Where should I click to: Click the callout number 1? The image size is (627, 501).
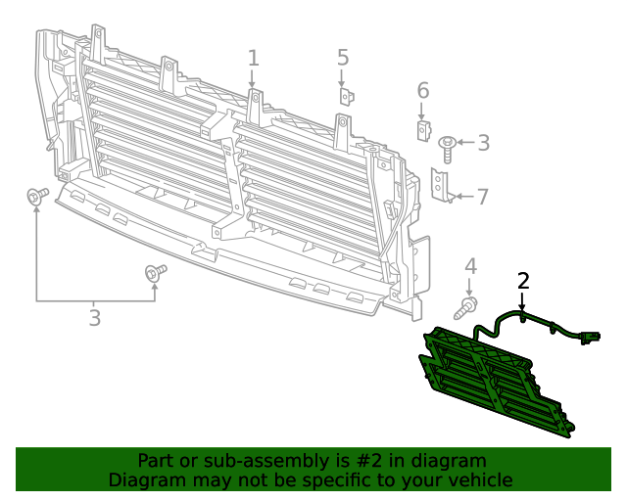[253, 58]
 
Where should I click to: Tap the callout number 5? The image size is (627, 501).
[343, 58]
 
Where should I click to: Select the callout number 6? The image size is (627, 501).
[423, 91]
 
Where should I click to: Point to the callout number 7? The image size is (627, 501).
[482, 196]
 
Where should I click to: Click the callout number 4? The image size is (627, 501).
[470, 265]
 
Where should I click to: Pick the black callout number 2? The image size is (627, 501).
[523, 281]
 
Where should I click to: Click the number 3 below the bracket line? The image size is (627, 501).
[94, 318]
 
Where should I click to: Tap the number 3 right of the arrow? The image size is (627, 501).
[483, 144]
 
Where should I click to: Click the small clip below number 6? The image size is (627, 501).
[422, 130]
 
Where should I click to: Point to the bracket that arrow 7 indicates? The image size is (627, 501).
[442, 186]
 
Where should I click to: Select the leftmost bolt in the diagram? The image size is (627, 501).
[37, 198]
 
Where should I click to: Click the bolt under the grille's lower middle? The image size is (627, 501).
[155, 273]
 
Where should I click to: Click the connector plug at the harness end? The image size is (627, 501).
[590, 339]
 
